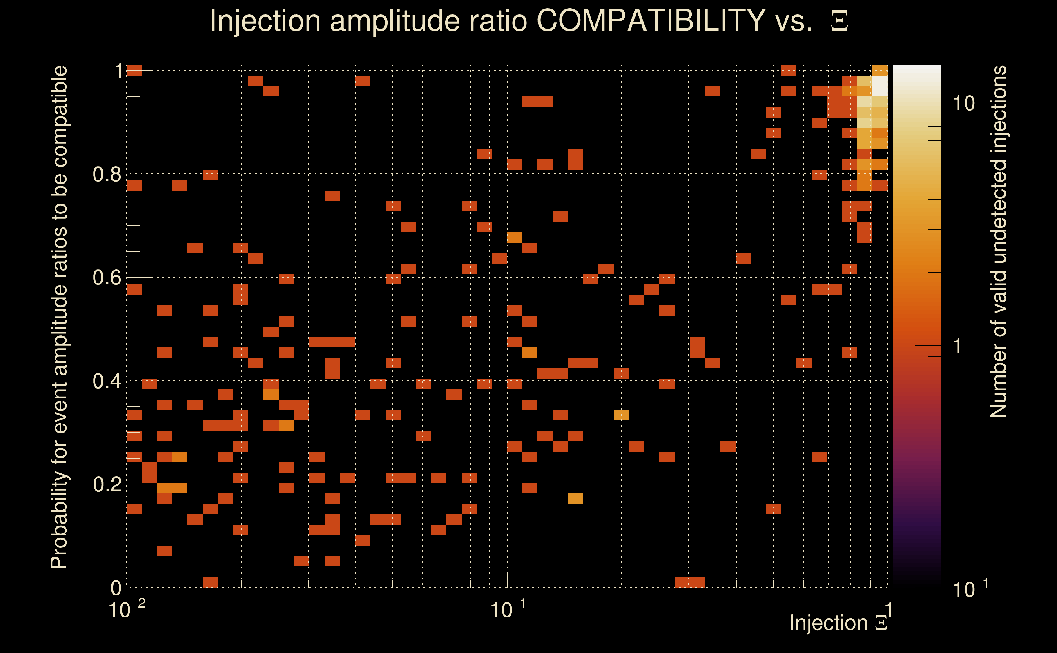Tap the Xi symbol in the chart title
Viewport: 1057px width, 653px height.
pos(839,21)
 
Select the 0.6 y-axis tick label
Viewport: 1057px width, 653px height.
pos(107,277)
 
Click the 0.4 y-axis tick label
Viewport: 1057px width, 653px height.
pos(107,381)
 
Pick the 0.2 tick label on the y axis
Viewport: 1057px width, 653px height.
pos(107,484)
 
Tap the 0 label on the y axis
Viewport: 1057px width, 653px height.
pos(116,588)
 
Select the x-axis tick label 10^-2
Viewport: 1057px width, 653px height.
pos(127,609)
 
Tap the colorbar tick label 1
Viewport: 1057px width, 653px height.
pos(958,346)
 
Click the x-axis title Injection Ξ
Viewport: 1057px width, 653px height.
pos(838,622)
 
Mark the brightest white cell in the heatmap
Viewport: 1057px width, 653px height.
pos(880,86)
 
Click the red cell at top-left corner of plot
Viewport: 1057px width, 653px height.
pos(134,70)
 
